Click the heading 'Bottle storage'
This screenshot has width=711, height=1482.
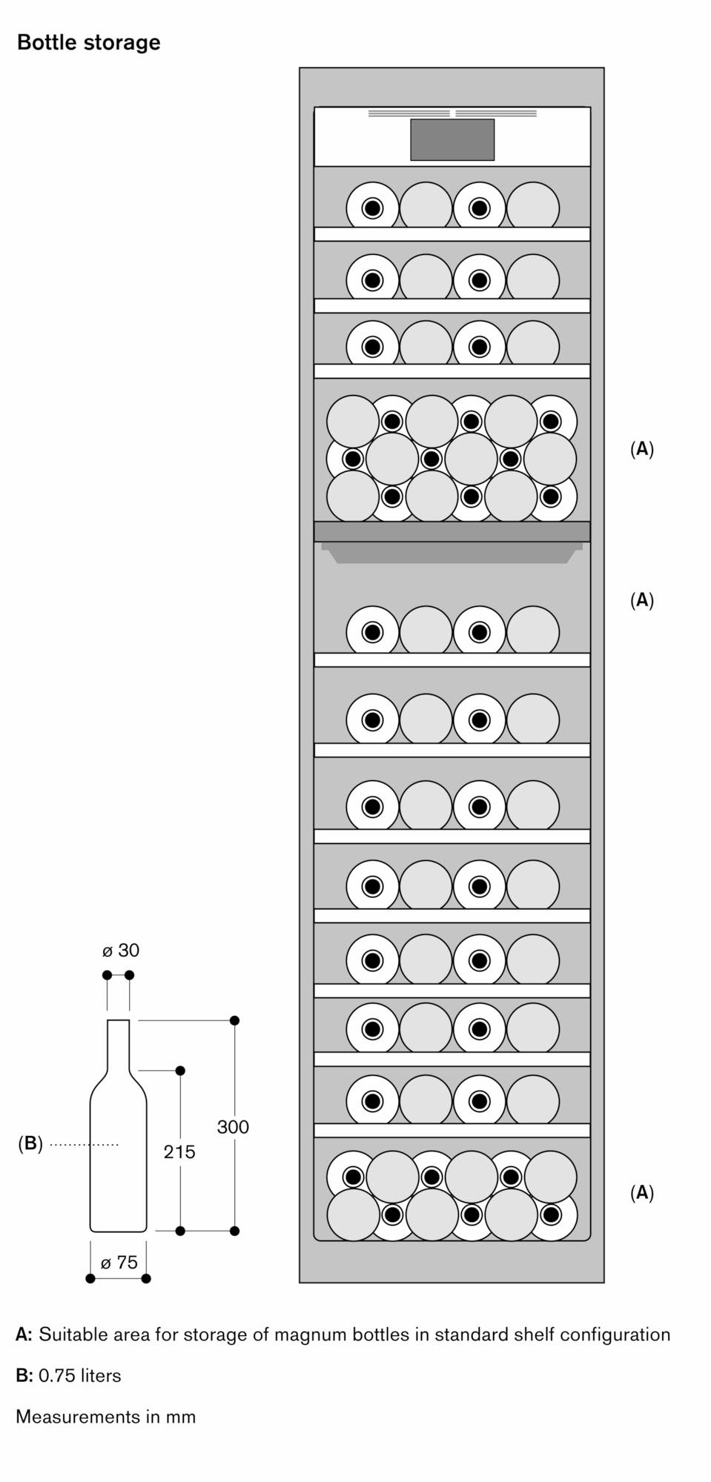(88, 43)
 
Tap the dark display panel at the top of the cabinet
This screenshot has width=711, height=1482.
(452, 139)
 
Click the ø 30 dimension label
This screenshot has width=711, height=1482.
(121, 950)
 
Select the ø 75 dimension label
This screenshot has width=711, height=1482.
(119, 1263)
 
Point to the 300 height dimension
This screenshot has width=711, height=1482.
(233, 1127)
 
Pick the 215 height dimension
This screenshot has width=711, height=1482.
(179, 1152)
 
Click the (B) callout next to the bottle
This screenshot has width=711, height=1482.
(30, 1143)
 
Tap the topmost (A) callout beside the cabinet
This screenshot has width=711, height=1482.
(642, 449)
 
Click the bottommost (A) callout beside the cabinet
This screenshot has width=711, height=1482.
(642, 1193)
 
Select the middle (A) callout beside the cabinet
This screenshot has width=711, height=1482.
(642, 600)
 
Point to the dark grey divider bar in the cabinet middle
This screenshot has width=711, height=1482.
(452, 531)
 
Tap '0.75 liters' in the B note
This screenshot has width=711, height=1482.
(80, 1376)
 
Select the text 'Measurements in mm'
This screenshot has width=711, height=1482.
(106, 1417)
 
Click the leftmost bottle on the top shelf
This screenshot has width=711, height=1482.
(372, 207)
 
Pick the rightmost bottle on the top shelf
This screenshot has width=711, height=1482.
(533, 205)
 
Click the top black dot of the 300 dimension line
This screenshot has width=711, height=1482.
(235, 1020)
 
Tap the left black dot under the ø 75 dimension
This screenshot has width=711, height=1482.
(90, 1278)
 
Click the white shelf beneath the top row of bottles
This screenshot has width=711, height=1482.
(452, 234)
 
